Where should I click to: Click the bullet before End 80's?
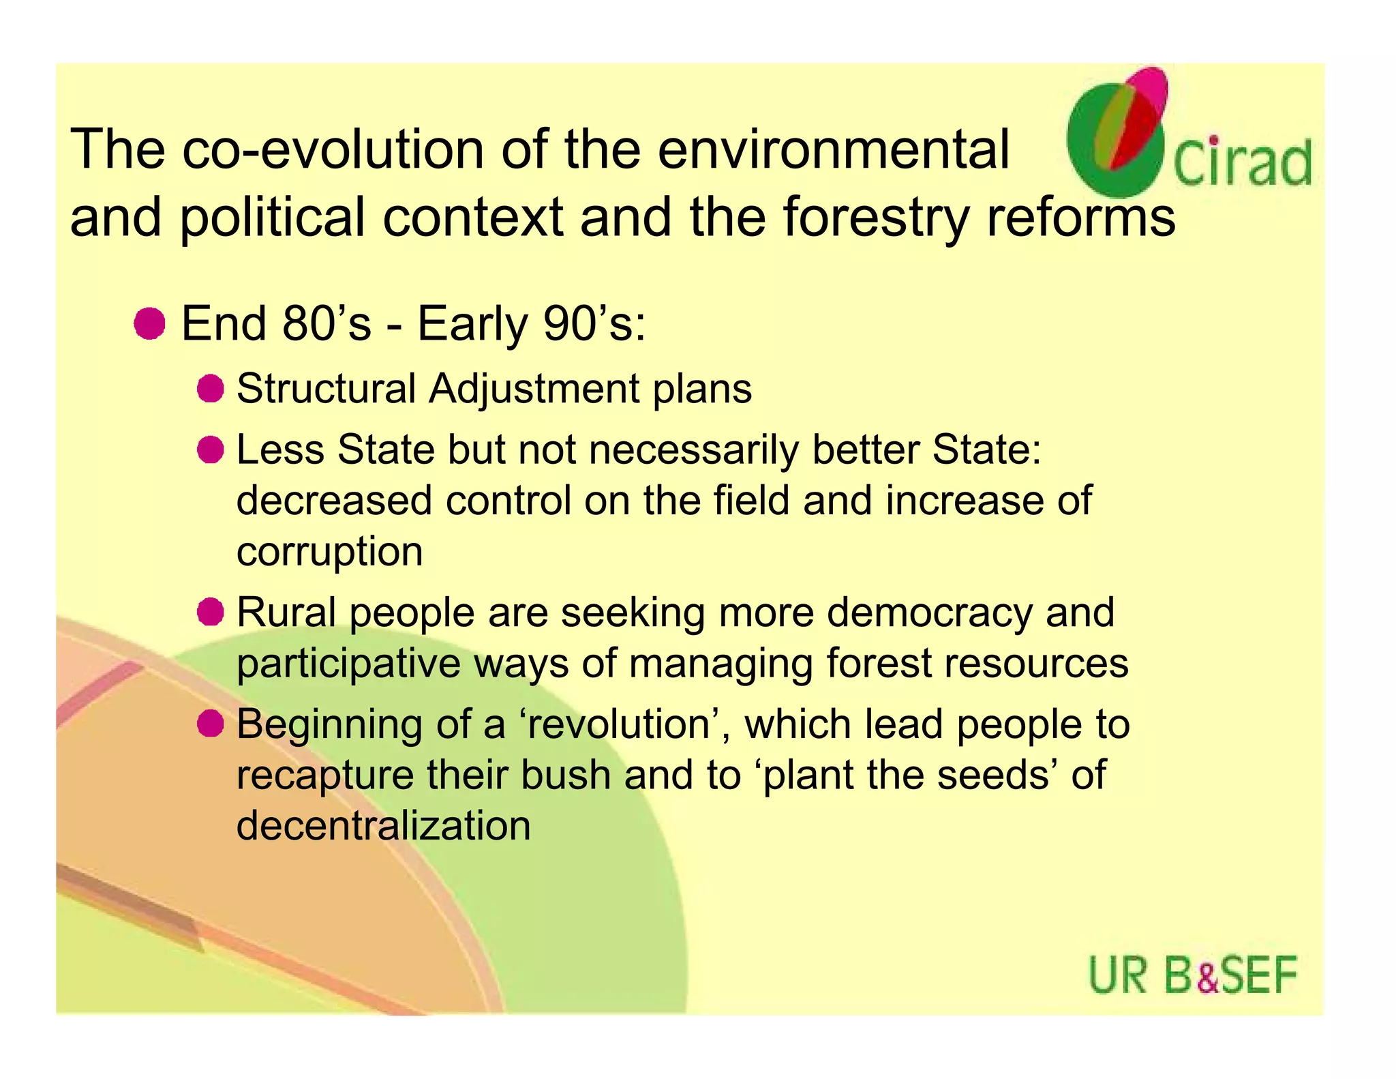click(x=149, y=323)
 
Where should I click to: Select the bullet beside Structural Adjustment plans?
click(x=211, y=389)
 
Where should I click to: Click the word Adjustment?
click(x=534, y=389)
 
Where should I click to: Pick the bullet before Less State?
click(x=211, y=450)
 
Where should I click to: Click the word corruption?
click(x=329, y=552)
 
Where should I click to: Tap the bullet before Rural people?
click(x=211, y=612)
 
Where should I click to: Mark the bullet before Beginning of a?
click(x=211, y=724)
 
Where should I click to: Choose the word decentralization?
click(x=383, y=825)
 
